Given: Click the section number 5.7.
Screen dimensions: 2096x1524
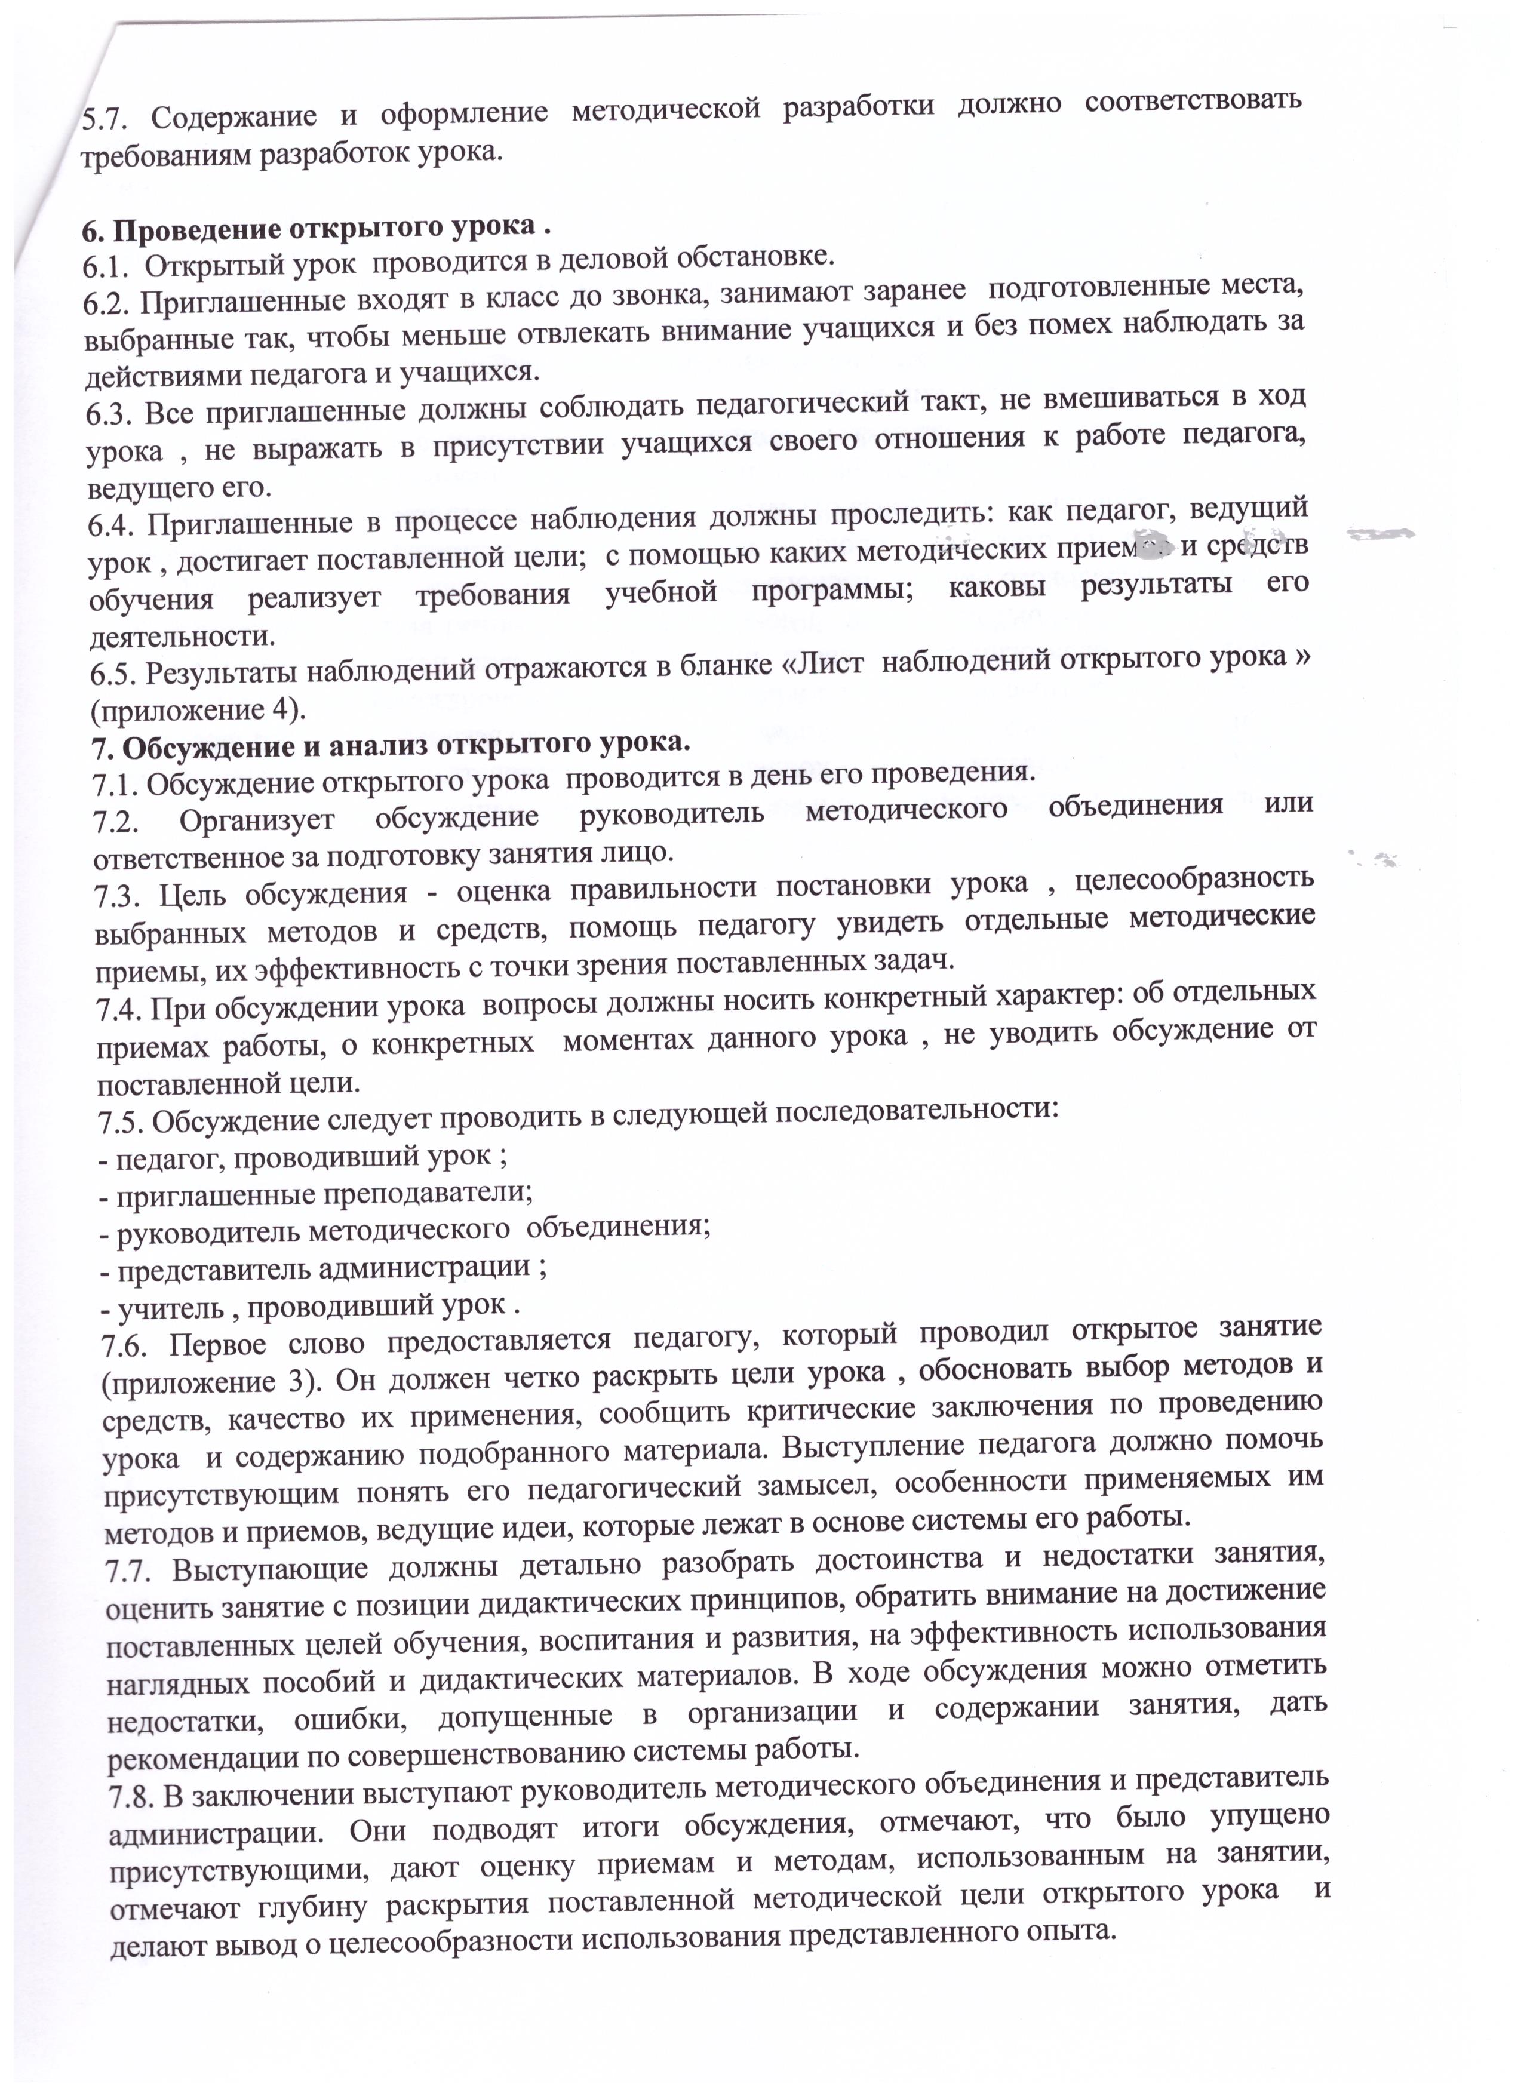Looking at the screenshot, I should [x=105, y=120].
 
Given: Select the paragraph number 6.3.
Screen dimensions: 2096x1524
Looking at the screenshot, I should [x=109, y=413].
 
